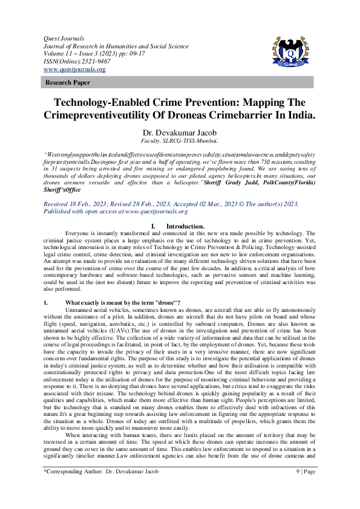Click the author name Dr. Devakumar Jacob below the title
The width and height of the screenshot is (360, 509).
coord(179,132)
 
